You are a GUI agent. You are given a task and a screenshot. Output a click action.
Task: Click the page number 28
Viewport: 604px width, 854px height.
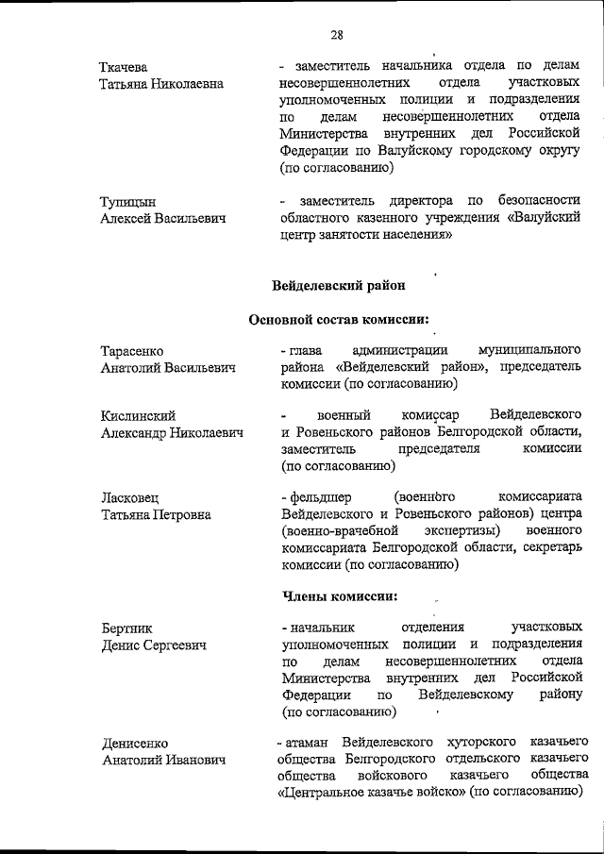[x=337, y=36]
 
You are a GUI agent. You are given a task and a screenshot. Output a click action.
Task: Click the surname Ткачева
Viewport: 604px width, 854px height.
[x=126, y=67]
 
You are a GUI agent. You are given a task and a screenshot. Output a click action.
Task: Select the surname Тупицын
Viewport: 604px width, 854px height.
[x=127, y=201]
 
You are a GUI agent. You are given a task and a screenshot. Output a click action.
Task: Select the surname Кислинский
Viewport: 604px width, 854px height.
[x=137, y=416]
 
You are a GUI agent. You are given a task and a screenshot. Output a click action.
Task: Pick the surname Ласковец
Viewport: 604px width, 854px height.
[x=131, y=498]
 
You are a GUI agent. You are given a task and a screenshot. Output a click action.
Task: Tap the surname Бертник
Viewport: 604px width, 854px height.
[x=126, y=628]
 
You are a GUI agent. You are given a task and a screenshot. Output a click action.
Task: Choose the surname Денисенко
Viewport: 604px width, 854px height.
[x=134, y=743]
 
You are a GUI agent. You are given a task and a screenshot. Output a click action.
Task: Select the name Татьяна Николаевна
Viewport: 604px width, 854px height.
[x=161, y=84]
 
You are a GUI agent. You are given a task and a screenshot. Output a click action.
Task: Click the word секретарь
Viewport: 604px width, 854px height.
[x=547, y=548]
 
